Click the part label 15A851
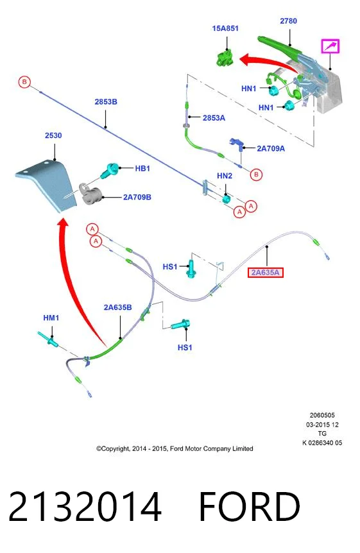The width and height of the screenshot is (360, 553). [225, 28]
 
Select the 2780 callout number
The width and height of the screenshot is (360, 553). [288, 21]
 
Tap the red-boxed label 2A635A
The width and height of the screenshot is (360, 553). [266, 273]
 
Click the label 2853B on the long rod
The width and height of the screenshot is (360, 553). [106, 102]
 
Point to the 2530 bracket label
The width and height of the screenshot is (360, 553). [53, 135]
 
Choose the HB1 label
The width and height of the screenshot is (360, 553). [142, 169]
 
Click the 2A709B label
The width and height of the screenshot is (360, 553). [137, 197]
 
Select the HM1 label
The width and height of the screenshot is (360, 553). [51, 318]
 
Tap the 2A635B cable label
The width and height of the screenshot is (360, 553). [118, 307]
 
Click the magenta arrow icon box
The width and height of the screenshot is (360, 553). [330, 46]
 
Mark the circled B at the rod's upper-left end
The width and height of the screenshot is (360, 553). [24, 82]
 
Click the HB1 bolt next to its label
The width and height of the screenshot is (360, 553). [110, 171]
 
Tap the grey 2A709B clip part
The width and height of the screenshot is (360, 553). [90, 194]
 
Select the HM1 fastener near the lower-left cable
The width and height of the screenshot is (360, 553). [48, 339]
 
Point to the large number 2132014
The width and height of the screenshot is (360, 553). [85, 506]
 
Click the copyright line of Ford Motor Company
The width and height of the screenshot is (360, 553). [175, 448]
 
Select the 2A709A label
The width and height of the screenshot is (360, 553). [271, 148]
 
